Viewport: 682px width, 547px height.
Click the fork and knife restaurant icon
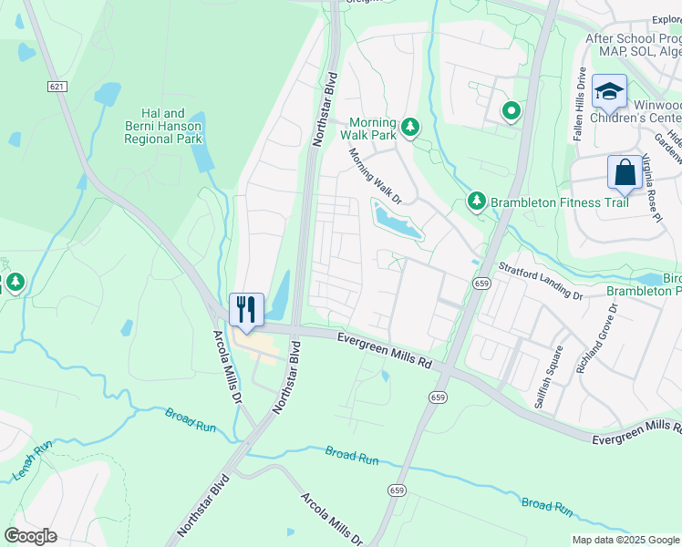[x=245, y=308]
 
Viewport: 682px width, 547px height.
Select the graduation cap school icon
[x=608, y=91]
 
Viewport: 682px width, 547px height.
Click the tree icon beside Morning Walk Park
[x=410, y=127]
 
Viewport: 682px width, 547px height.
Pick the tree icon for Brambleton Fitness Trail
[x=475, y=201]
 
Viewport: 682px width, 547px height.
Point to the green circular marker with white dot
[x=511, y=112]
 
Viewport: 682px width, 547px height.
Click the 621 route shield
[x=57, y=86]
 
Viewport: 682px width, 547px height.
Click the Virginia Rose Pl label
[x=651, y=187]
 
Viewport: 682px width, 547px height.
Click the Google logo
[x=30, y=536]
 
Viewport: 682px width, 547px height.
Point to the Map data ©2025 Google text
[x=625, y=540]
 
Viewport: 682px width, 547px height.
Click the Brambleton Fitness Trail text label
[x=560, y=201]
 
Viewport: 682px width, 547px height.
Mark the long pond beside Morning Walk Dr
[x=398, y=219]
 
